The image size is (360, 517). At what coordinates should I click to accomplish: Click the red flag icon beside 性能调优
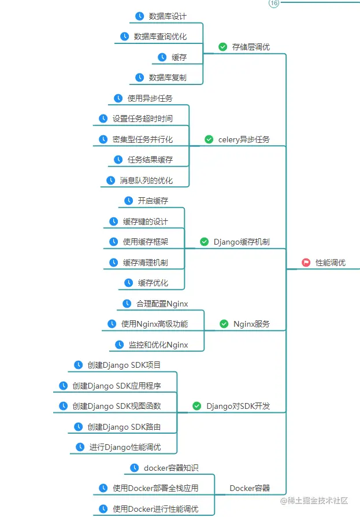[306, 263]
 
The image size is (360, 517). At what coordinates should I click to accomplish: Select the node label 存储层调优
[251, 47]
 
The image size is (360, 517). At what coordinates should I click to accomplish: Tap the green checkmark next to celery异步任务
[209, 139]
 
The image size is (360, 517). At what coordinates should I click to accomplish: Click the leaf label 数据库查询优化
[160, 36]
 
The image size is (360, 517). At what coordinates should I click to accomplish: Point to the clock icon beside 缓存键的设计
[114, 221]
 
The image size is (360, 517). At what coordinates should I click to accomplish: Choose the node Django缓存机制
[242, 242]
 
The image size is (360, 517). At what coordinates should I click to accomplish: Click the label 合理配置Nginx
[162, 304]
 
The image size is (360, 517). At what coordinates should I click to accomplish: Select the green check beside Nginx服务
[224, 324]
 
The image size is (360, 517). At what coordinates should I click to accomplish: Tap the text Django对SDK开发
[238, 406]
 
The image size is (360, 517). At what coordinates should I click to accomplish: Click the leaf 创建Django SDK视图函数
[117, 406]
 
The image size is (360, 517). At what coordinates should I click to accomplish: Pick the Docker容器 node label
[250, 488]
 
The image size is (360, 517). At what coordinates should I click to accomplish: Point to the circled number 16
[274, 3]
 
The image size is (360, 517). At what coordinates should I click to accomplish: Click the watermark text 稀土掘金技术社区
[320, 500]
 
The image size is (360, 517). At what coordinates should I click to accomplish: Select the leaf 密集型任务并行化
[142, 139]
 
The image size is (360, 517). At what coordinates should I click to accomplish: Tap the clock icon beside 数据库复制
[139, 77]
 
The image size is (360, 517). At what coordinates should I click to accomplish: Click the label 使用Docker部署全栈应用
[155, 488]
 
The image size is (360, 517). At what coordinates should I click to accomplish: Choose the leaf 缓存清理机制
[145, 263]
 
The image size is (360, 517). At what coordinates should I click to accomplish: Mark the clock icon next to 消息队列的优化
[110, 180]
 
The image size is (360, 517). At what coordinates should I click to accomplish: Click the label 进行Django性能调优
[125, 447]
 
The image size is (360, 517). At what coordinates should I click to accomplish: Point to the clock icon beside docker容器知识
[134, 468]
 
